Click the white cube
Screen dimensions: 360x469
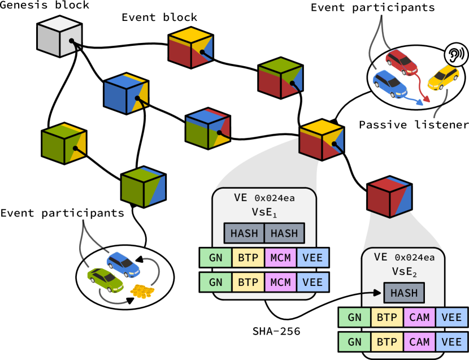(x=59, y=36)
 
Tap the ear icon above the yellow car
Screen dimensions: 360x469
(x=455, y=54)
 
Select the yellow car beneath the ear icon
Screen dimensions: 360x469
(x=443, y=78)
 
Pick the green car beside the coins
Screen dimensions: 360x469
(x=105, y=280)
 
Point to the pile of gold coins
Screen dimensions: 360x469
(x=142, y=291)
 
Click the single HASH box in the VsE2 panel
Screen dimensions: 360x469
(x=404, y=293)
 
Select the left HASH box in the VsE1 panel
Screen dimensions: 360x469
(x=244, y=233)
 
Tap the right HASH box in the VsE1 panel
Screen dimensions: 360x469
(x=284, y=233)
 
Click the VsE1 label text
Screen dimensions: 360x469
(x=264, y=212)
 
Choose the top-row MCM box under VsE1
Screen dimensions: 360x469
(x=281, y=258)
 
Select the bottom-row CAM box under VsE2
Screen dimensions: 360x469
(x=419, y=342)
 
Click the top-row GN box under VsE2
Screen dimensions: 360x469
(x=354, y=318)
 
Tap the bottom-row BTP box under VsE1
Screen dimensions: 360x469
(x=248, y=282)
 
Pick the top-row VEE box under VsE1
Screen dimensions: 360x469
(x=312, y=258)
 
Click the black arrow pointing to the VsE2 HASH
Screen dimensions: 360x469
(x=370, y=293)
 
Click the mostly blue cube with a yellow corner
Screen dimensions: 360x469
(x=126, y=93)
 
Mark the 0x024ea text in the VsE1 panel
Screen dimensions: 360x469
(x=275, y=198)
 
